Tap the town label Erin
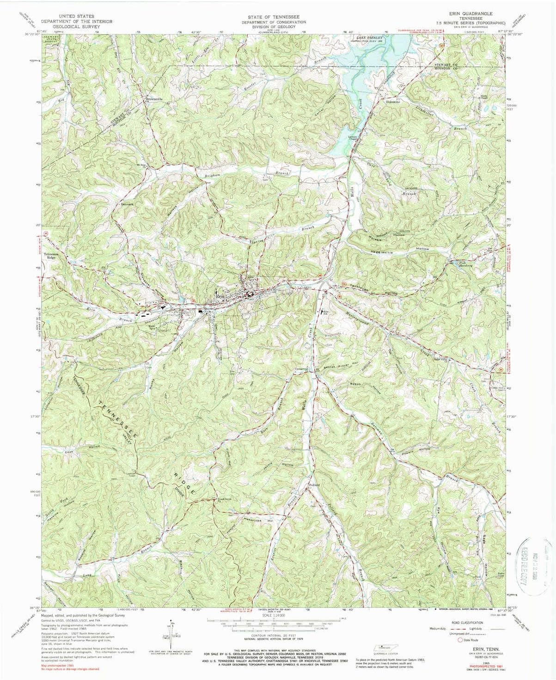click(x=219, y=298)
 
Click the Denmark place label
click(x=127, y=204)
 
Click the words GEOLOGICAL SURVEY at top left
click(x=67, y=27)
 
